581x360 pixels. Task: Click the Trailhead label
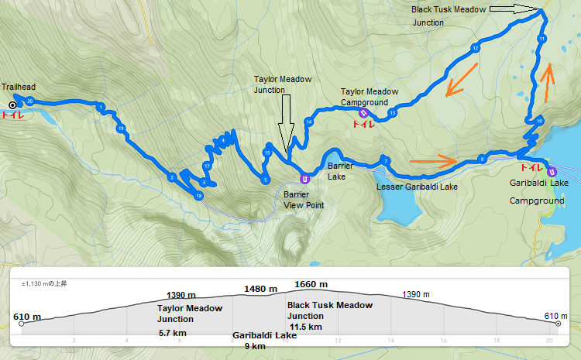tap(19, 87)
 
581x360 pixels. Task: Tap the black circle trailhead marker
tap(12, 105)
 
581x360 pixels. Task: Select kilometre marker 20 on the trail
tap(29, 101)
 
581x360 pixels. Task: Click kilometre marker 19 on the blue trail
tap(121, 128)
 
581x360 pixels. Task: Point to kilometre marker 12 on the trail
tap(474, 49)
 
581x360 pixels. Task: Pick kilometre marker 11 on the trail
tap(541, 38)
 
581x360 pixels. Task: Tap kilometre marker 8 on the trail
tap(482, 159)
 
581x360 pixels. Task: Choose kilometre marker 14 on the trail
tap(308, 122)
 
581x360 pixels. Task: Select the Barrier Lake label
tap(340, 171)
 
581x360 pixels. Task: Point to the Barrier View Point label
tap(304, 200)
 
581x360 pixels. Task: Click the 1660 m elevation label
tap(311, 284)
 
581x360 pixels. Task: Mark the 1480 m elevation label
tap(260, 289)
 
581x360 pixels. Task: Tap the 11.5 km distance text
tap(304, 327)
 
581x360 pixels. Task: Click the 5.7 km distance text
tap(171, 332)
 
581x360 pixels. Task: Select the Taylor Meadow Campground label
tap(369, 96)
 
